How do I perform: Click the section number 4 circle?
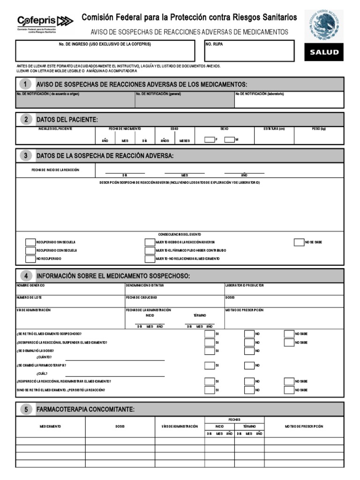tap(26, 276)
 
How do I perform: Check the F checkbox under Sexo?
tap(210, 139)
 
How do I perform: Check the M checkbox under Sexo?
tap(229, 139)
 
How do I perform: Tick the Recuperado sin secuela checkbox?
tap(30, 242)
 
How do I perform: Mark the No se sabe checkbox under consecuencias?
tap(299, 242)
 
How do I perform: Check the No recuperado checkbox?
tap(30, 259)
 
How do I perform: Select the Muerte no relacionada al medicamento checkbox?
tap(150, 259)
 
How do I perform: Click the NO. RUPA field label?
tap(215, 44)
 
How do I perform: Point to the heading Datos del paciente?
tap(67, 120)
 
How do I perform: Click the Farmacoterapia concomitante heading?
tap(85, 410)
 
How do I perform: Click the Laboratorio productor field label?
tap(245, 285)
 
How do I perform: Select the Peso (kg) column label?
tap(319, 128)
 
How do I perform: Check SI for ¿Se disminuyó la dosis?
tap(209, 351)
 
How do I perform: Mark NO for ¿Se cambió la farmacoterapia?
tap(249, 365)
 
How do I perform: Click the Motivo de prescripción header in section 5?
tap(304, 427)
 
